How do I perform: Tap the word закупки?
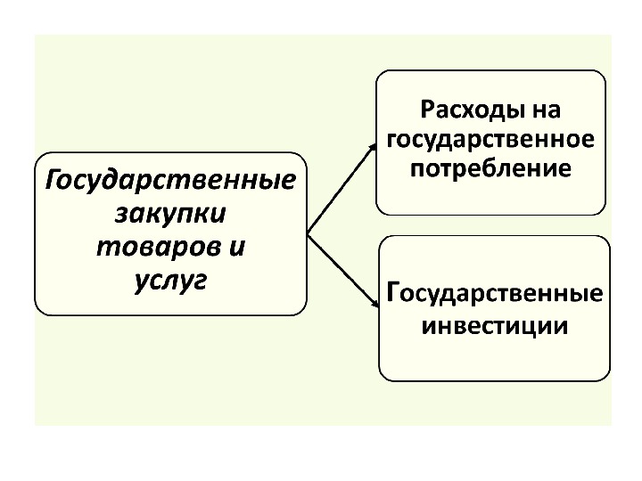click(x=169, y=215)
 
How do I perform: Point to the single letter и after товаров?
click(x=237, y=247)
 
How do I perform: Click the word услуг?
click(x=169, y=280)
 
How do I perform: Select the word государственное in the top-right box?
click(x=491, y=140)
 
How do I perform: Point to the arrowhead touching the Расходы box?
click(x=372, y=144)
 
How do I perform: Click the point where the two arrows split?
click(x=309, y=233)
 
